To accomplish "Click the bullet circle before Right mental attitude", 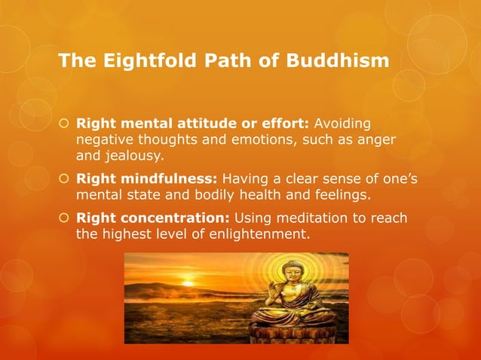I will click(x=64, y=124).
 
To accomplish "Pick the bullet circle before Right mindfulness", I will click(x=64, y=179).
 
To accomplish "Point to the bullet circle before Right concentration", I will click(x=64, y=218).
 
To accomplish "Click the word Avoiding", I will click(x=342, y=124).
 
